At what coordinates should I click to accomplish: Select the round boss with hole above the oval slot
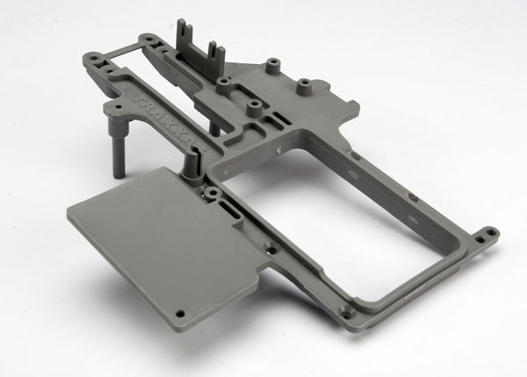coord(213,191)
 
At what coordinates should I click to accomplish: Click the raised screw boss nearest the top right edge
coord(304,86)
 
